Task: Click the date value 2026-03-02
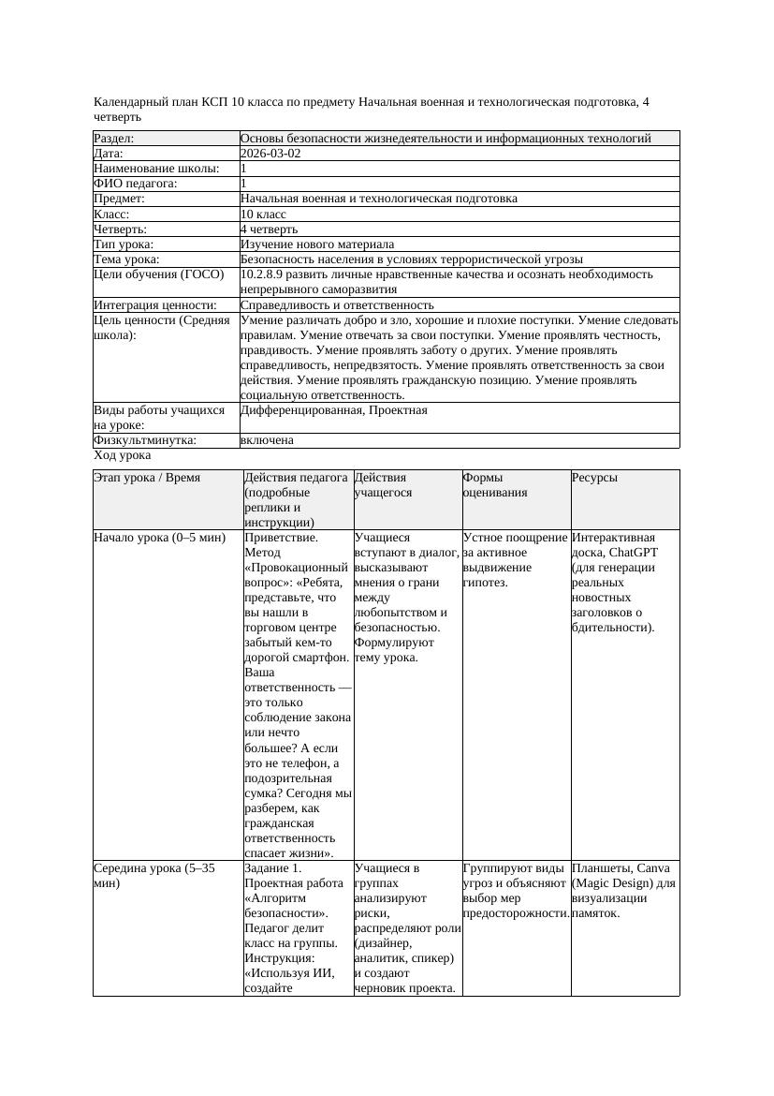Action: click(x=270, y=154)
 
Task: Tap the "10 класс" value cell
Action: click(x=263, y=214)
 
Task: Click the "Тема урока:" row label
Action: click(x=126, y=259)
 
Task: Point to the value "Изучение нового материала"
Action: click(x=317, y=244)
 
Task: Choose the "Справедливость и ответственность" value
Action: click(x=337, y=305)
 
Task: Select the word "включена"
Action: click(x=267, y=439)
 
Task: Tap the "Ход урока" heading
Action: click(x=123, y=455)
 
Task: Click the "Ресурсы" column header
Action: click(x=594, y=478)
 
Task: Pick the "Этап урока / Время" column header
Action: click(x=147, y=478)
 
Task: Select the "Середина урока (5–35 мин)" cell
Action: click(x=154, y=875)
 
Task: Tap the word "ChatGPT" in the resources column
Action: click(x=635, y=553)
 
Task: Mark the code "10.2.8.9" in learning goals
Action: click(x=263, y=274)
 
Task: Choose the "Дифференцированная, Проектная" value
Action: click(x=333, y=410)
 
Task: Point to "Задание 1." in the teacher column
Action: click(x=271, y=867)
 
